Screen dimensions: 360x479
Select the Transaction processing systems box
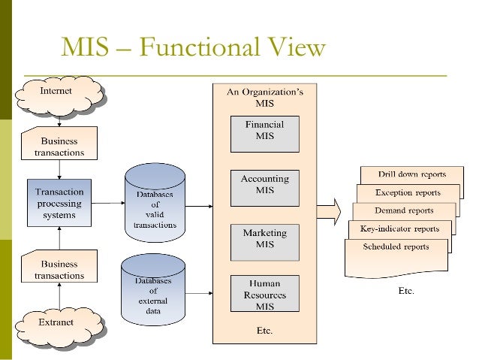pos(59,202)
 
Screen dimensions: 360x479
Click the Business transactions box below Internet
pos(59,146)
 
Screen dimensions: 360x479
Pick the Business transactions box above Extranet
pos(59,270)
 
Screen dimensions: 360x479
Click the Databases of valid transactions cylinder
pos(155,204)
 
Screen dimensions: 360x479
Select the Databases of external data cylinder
pos(153,289)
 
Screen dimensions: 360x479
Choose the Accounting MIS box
pos(264,185)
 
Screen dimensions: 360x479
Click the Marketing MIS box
pos(264,238)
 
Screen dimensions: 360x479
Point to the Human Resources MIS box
pos(264,292)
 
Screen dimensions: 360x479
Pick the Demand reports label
pos(405,211)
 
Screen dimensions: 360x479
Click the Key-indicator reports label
pos(400,229)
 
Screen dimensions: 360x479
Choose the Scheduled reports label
pos(396,247)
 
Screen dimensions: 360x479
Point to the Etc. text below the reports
pos(405,291)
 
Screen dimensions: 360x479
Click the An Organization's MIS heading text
pos(265,97)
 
